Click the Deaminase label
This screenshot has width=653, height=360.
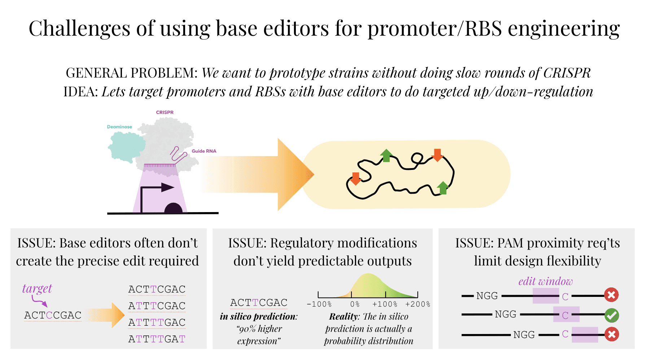tap(119, 127)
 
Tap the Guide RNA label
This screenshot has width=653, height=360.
tap(204, 151)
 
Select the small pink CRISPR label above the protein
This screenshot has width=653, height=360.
tap(165, 113)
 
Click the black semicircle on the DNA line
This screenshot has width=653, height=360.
tap(174, 208)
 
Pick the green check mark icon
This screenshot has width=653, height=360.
tap(612, 315)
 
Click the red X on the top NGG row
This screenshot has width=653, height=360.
tap(611, 295)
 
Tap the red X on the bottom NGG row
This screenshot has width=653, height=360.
tap(612, 334)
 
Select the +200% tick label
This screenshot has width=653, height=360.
tap(417, 304)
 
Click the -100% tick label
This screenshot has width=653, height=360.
tap(319, 304)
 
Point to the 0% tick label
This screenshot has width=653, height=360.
tap(355, 304)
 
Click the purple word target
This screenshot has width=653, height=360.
tap(37, 289)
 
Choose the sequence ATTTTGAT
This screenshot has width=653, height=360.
tap(157, 339)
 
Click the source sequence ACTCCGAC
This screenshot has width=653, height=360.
tap(53, 315)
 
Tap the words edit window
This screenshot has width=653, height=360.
tap(545, 281)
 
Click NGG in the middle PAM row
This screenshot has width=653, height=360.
tap(505, 315)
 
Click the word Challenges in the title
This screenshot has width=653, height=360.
tap(79, 28)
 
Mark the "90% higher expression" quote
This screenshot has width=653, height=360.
tap(259, 335)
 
